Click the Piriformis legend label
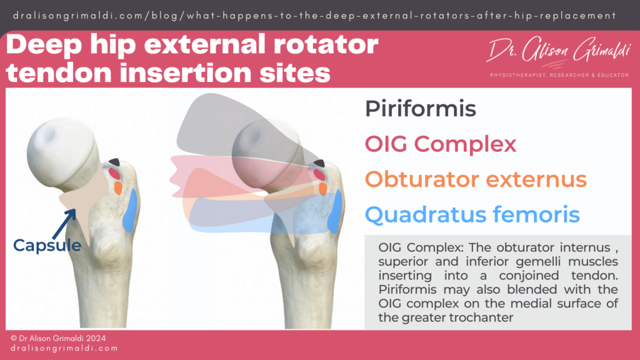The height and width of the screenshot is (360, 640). (x=420, y=109)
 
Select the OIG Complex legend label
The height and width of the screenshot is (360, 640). (x=441, y=144)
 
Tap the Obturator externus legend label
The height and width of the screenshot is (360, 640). (x=476, y=180)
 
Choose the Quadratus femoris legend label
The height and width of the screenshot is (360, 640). (x=472, y=215)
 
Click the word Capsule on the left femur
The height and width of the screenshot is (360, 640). (x=47, y=246)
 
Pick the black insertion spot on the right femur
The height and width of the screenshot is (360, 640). (x=319, y=163)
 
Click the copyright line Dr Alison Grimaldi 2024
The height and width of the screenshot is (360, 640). (x=59, y=337)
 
